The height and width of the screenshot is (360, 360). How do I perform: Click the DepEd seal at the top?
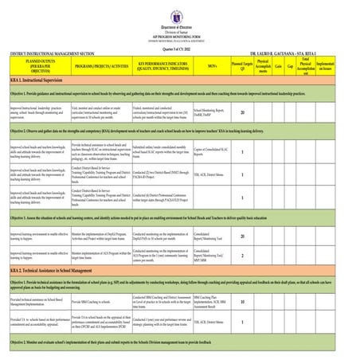179,10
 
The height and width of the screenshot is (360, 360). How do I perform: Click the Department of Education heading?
179,22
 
